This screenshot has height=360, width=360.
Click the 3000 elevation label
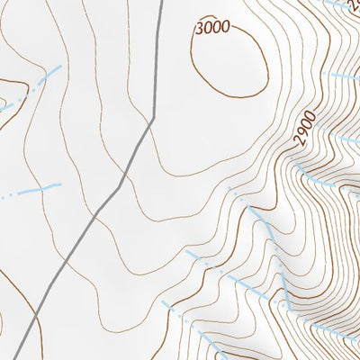tap(212, 28)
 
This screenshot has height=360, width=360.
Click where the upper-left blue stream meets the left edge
tap(1, 109)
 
